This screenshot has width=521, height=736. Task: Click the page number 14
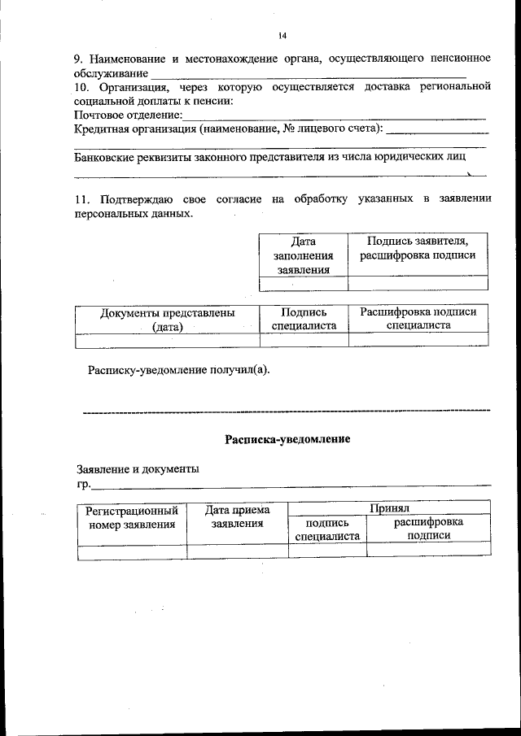[x=282, y=36]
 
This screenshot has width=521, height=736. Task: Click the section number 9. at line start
[x=79, y=59]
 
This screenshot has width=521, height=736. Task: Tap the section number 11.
[x=81, y=199]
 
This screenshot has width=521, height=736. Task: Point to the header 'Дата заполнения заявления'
[x=303, y=255]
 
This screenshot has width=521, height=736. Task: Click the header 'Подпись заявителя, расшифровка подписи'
[x=418, y=248]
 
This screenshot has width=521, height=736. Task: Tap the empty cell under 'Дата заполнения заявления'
[x=303, y=284]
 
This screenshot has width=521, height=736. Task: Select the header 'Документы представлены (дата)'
[x=167, y=319]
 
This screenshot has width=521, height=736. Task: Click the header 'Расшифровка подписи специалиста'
[x=418, y=318]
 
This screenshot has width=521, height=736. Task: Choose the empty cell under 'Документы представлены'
[x=167, y=340]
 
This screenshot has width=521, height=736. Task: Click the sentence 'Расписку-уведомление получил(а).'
[x=178, y=371]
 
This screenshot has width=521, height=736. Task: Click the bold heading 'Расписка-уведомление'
[x=287, y=440]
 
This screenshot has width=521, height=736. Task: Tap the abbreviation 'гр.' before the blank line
[x=83, y=485]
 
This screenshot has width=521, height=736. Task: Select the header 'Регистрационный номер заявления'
[x=131, y=517]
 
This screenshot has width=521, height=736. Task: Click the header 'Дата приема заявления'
[x=237, y=517]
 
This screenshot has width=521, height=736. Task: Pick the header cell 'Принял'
[x=389, y=507]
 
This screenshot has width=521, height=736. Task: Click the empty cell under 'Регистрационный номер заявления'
[x=131, y=551]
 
